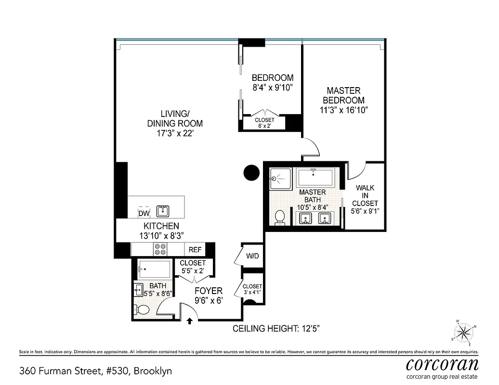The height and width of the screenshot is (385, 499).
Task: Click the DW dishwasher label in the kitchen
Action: point(144,213)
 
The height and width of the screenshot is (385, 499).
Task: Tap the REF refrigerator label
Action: point(195,250)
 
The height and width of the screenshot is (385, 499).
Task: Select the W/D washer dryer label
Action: point(253,256)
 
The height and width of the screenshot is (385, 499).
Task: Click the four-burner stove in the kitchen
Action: point(160,249)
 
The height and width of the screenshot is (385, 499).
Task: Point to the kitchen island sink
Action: point(163,210)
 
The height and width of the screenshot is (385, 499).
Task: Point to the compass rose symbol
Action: point(463,332)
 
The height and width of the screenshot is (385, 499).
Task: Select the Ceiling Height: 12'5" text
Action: point(276,329)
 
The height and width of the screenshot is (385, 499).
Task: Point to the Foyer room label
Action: point(208,291)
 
